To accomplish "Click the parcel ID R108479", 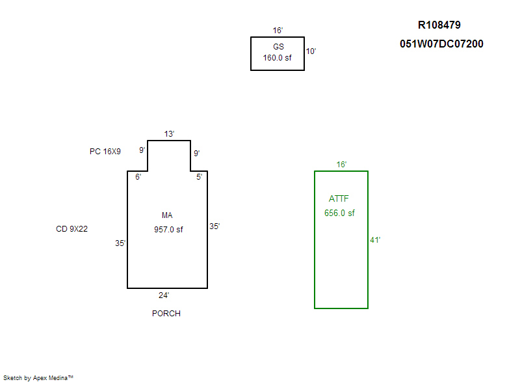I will coord(439,25).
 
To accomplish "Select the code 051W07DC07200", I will coord(441,44).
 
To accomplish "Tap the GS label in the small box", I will coord(278,47).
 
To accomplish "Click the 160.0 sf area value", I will coord(278,57).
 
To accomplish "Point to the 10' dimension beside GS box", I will coord(311,51).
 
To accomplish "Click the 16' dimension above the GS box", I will coord(278,31).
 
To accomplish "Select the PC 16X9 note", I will coord(105,152).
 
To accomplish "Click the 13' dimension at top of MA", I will coord(169,134).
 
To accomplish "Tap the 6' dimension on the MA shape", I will coord(138,176).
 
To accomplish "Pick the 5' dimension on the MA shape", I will coord(199,176).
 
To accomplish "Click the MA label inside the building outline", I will coord(168,215).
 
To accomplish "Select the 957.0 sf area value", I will coord(168,229).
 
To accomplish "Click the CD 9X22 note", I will coord(72,229).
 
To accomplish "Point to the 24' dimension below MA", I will coord(164,295).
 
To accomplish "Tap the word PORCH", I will coord(166,314).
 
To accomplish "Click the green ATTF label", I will coord(339,198).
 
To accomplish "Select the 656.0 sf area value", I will coord(339,213).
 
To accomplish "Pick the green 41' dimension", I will coord(375,240).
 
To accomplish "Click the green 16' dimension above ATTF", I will coord(341,165).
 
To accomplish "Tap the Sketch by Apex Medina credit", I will coord(38,377).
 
